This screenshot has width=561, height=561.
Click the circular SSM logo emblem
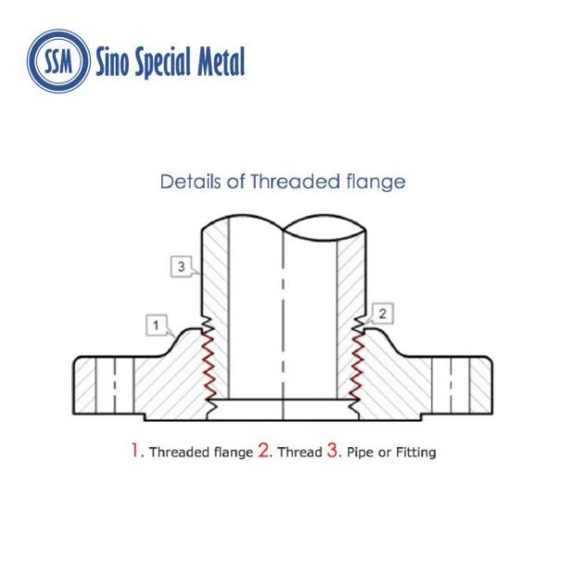tap(58, 61)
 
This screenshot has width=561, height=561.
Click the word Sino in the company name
tap(112, 62)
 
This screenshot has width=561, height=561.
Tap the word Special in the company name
tap(163, 63)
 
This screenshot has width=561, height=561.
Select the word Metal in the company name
tap(221, 61)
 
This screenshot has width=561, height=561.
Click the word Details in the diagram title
tap(191, 181)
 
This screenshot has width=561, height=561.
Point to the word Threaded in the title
tap(294, 181)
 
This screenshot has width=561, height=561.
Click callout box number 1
tap(156, 325)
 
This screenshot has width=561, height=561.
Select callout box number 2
tap(383, 314)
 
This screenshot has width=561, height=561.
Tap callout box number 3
tap(181, 267)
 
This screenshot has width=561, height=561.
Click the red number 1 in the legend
tap(134, 450)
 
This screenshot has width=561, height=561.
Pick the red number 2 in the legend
tap(264, 450)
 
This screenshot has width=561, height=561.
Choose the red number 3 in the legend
tap(332, 450)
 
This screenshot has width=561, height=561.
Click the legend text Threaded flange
tap(202, 452)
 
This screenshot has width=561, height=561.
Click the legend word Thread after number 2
tap(300, 452)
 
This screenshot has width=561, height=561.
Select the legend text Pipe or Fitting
tap(392, 453)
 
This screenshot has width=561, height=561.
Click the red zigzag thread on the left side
tap(208, 367)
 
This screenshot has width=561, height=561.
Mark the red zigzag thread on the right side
tap(356, 368)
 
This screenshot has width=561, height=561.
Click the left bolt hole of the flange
tap(115, 385)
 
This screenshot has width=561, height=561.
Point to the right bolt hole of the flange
tap(451, 385)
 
